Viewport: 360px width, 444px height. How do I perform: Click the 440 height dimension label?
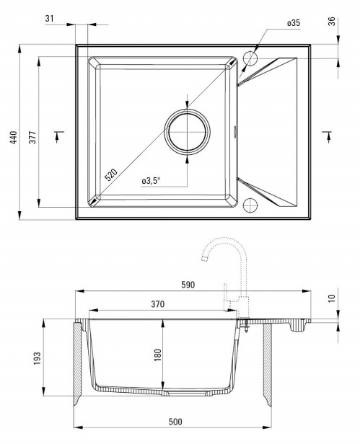14,137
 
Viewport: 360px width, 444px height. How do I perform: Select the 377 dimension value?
32,137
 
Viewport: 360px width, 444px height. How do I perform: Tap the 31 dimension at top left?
49,19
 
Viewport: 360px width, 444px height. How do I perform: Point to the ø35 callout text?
294,23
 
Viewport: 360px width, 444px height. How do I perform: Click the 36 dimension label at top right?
331,22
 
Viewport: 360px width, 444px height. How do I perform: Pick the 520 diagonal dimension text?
111,174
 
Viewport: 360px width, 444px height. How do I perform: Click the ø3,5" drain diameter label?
151,181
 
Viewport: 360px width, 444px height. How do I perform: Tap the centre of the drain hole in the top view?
187,132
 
